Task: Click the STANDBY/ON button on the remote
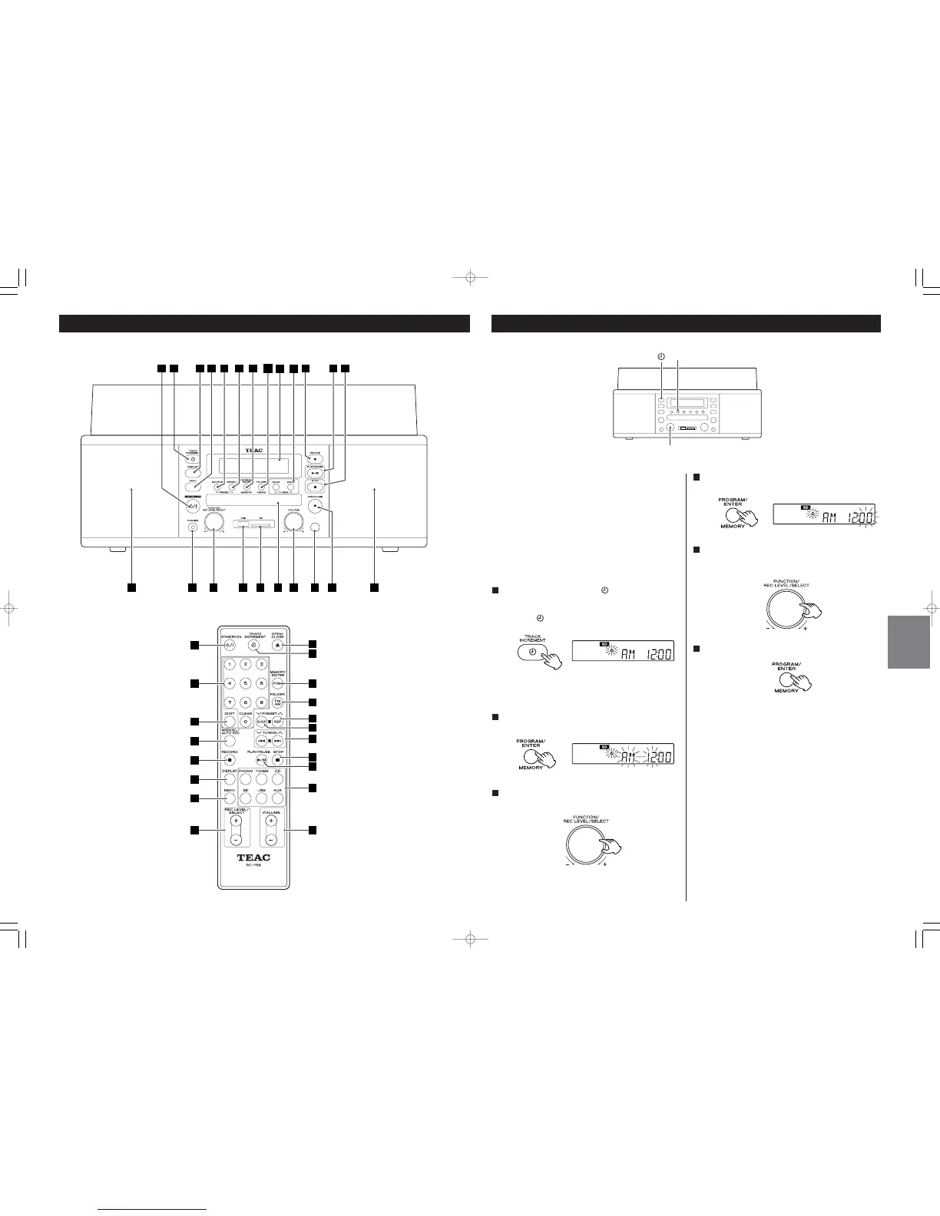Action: [x=229, y=646]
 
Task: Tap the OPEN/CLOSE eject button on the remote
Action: [x=278, y=646]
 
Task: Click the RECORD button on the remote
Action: [x=229, y=760]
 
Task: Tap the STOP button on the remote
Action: [x=278, y=760]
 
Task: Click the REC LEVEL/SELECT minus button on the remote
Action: [x=237, y=840]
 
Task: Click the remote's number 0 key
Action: [x=245, y=722]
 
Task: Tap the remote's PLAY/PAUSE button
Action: [x=261, y=760]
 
